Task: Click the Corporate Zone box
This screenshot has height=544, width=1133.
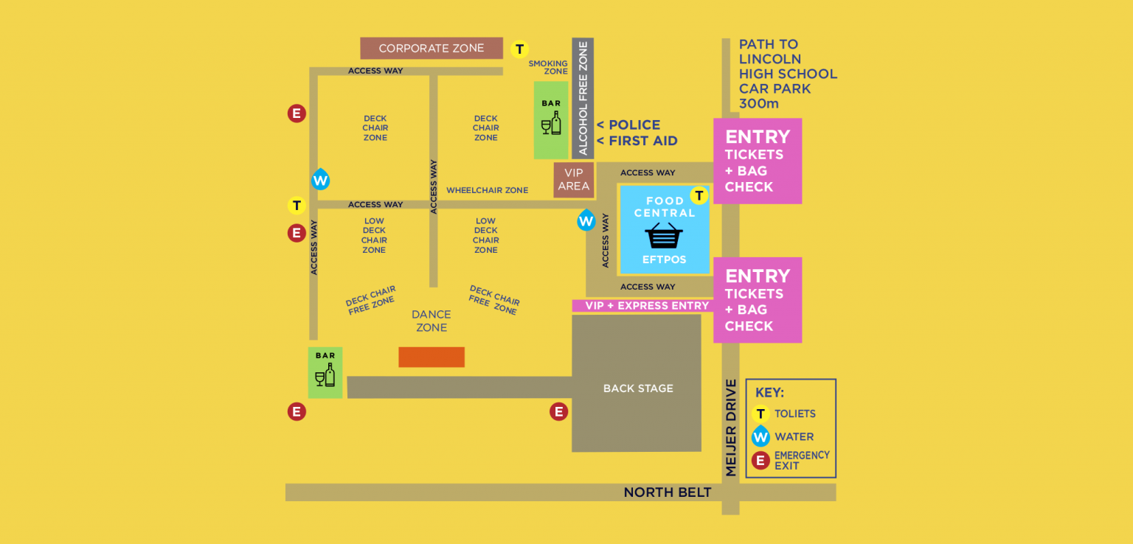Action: coord(432,49)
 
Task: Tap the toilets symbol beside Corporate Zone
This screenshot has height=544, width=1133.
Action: coord(520,49)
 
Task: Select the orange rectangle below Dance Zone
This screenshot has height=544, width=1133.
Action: coord(432,357)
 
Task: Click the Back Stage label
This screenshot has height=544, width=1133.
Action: coord(638,388)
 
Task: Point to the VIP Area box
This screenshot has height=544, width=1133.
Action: coord(573,180)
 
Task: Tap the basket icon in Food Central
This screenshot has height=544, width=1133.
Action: coord(664,236)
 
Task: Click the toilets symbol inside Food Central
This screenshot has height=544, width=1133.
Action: coord(699,195)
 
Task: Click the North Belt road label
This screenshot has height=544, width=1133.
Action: coord(668,492)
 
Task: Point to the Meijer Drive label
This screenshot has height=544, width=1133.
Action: coord(731,428)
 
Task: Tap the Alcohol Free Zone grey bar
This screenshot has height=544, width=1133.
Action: coord(583,98)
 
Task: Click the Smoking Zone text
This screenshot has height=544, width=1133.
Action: coord(549,68)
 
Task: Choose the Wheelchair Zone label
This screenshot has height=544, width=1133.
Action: coord(487,190)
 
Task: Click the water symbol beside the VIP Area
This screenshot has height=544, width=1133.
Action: coord(586,220)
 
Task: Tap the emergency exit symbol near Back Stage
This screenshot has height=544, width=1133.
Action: coord(559,411)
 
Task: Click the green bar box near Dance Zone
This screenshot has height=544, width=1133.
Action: coord(325,373)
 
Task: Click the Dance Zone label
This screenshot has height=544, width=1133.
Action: coord(432,321)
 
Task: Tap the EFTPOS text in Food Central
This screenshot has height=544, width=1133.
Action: coord(664,259)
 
